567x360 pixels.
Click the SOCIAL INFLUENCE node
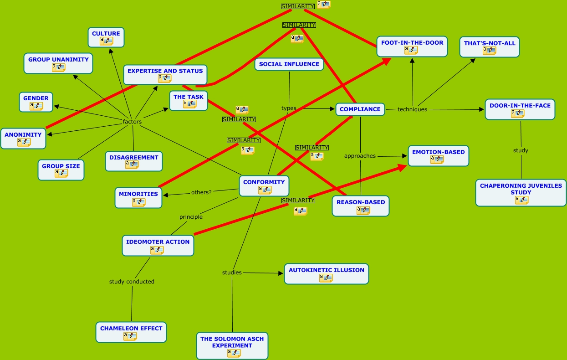pos(289,64)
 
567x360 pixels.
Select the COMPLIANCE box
pos(360,109)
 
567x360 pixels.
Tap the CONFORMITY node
pos(264,182)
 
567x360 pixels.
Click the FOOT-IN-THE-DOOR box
pos(412,43)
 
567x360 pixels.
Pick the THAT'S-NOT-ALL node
pos(489,43)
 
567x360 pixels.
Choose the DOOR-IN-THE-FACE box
pos(520,106)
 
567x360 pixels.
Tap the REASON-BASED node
pos(360,202)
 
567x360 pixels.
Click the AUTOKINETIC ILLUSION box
pos(326,270)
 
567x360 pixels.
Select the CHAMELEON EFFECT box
pos(131,329)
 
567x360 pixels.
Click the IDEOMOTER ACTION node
pos(158,242)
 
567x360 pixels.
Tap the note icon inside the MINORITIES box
pos(138,202)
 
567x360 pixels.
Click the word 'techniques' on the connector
pos(412,109)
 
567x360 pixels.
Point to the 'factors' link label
pos(132,122)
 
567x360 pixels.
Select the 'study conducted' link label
pos(132,282)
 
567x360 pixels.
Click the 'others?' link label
pos(201,192)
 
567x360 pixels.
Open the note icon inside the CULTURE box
pos(106,41)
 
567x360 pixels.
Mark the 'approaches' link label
pos(360,156)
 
